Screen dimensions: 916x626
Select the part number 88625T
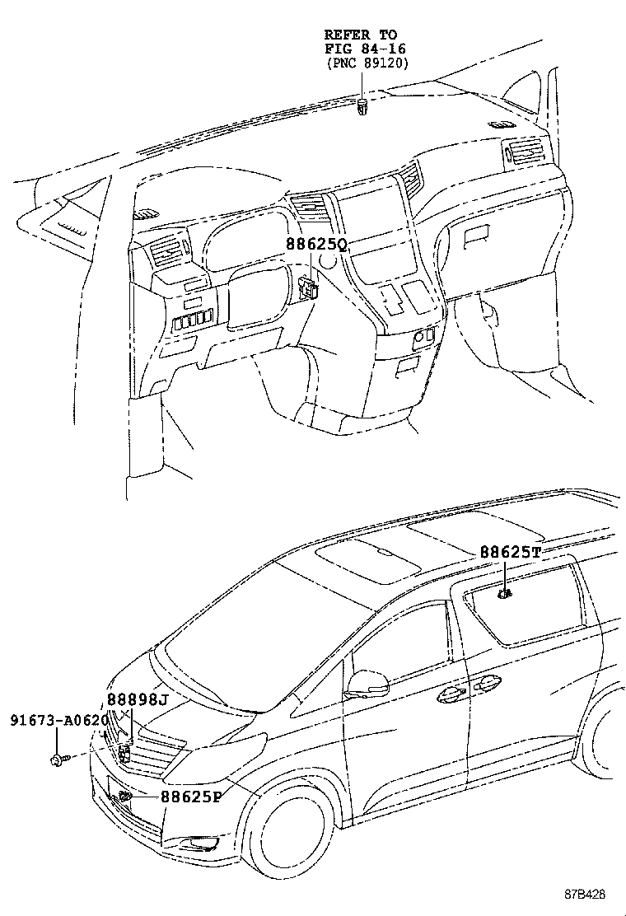tap(510, 552)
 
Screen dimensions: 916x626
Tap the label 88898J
tap(138, 700)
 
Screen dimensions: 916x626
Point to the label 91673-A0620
tap(58, 720)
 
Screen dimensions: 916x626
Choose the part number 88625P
tap(191, 797)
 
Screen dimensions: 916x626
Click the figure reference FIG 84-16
tap(360, 49)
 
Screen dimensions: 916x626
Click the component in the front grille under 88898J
tap(125, 750)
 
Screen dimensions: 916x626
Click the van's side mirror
tap(367, 683)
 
